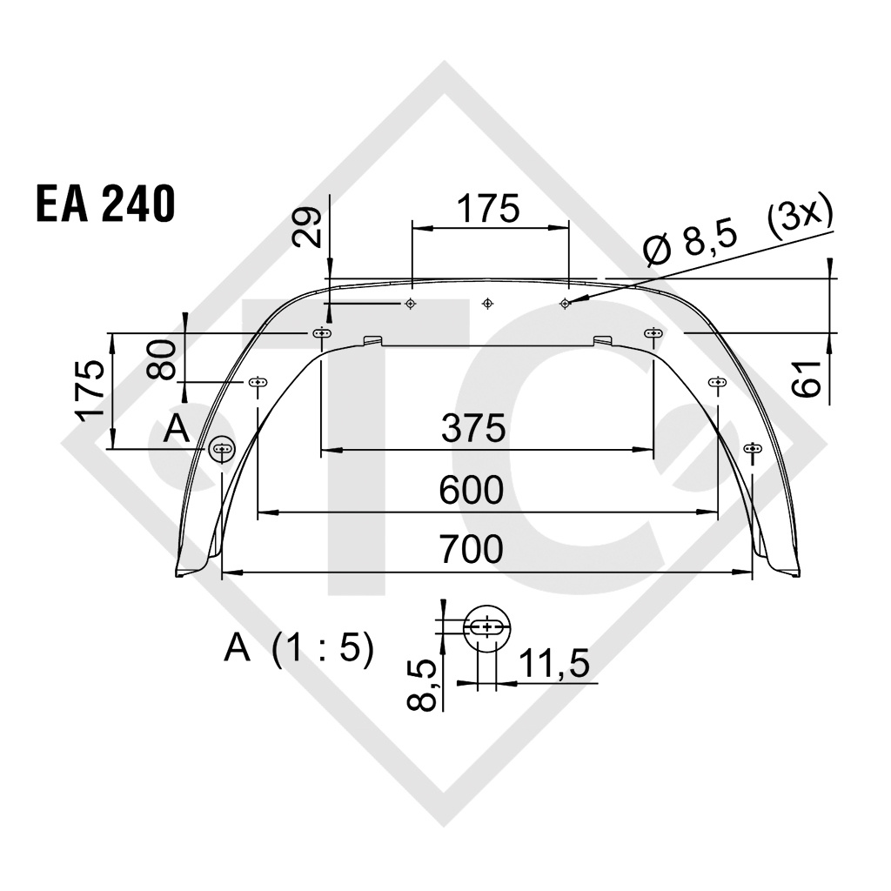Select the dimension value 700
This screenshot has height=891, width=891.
[x=471, y=550]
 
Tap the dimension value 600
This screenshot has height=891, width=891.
[x=471, y=491]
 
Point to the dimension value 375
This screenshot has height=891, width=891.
[x=472, y=428]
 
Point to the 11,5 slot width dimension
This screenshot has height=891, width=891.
[x=553, y=665]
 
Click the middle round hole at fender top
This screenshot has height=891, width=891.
[x=487, y=304]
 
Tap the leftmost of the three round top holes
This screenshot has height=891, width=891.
[x=410, y=304]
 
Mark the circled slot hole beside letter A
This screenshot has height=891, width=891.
[x=223, y=449]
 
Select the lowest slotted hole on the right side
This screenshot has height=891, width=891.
[x=753, y=449]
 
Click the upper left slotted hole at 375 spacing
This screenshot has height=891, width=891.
[x=321, y=333]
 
